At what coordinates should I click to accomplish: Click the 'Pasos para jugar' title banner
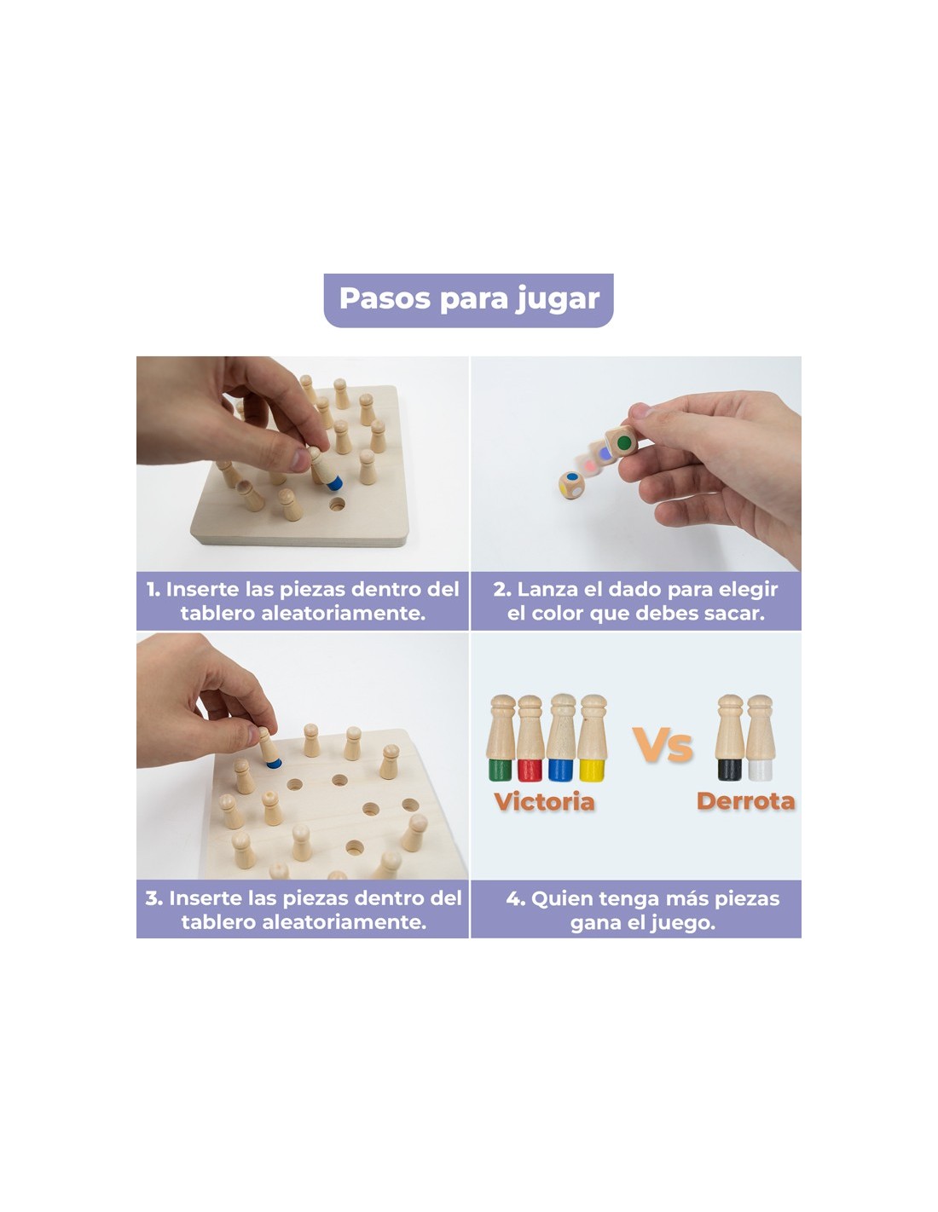[x=468, y=300]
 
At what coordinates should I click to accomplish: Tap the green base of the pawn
[x=500, y=770]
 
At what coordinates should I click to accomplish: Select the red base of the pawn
[x=530, y=770]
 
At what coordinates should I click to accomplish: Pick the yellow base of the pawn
[x=592, y=770]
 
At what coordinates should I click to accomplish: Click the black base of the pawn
[x=729, y=770]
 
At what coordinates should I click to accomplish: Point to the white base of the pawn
[x=760, y=770]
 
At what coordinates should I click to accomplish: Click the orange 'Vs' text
[x=663, y=745]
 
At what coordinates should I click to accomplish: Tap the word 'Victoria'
[x=544, y=801]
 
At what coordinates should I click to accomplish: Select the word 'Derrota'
[x=745, y=801]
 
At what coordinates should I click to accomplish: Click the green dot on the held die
[x=624, y=443]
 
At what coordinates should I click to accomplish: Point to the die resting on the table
[x=571, y=485]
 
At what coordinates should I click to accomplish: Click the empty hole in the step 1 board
[x=337, y=505]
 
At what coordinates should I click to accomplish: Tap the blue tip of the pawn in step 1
[x=334, y=482]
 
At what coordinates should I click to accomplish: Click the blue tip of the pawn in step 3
[x=274, y=764]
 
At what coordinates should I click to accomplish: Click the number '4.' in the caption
[x=516, y=898]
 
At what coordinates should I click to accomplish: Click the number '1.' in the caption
[x=153, y=589]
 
